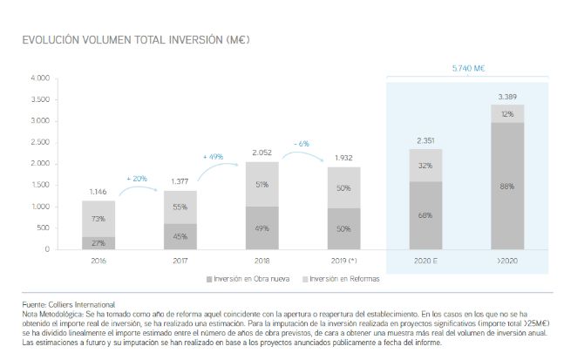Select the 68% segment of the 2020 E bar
pyautogui.click(x=425, y=215)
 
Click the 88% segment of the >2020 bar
pyautogui.click(x=506, y=185)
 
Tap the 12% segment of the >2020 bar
pyautogui.click(x=506, y=114)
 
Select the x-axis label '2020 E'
pyautogui.click(x=425, y=261)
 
